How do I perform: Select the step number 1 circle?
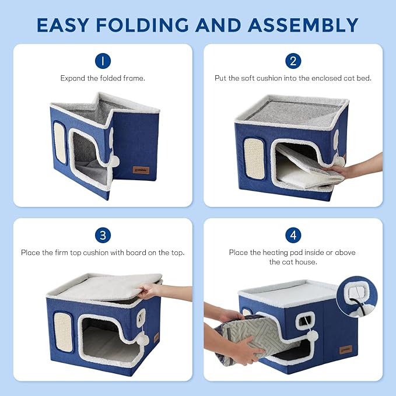[103, 61]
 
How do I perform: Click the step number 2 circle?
[293, 61]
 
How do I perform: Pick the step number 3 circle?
[103, 235]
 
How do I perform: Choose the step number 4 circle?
[293, 235]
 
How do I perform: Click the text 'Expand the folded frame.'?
[103, 78]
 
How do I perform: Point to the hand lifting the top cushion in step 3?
[153, 290]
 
